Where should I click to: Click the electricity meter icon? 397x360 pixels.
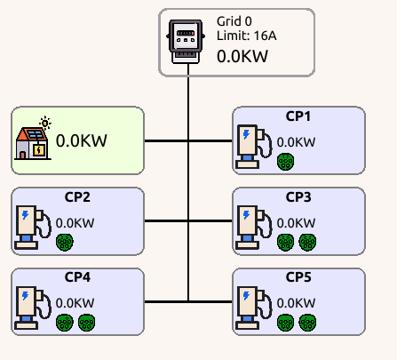pos(187,42)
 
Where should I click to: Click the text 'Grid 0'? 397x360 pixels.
pos(234,20)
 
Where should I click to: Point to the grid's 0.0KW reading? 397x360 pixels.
pos(242,56)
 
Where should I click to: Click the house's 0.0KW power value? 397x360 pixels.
pos(82,140)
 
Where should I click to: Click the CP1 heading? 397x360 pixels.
pos(298,116)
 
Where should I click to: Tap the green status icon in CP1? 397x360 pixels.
pos(285,161)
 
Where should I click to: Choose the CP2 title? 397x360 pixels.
pos(77,196)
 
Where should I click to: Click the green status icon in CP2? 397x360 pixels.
pos(64,241)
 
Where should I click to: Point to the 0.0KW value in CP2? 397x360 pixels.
pos(75,223)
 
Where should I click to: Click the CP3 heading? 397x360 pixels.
pos(298,196)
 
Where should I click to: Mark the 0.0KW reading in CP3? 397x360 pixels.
pos(296,222)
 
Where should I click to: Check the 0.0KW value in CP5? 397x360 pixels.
pos(296,302)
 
